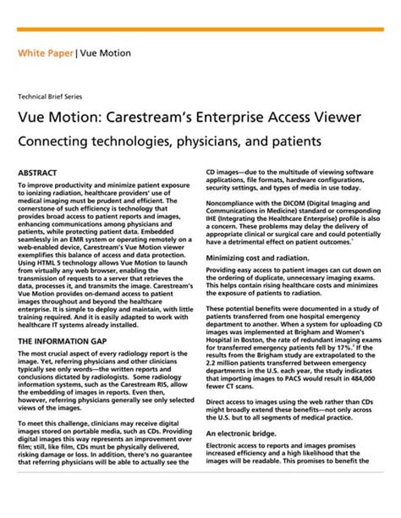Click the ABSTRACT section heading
coord(39,173)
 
